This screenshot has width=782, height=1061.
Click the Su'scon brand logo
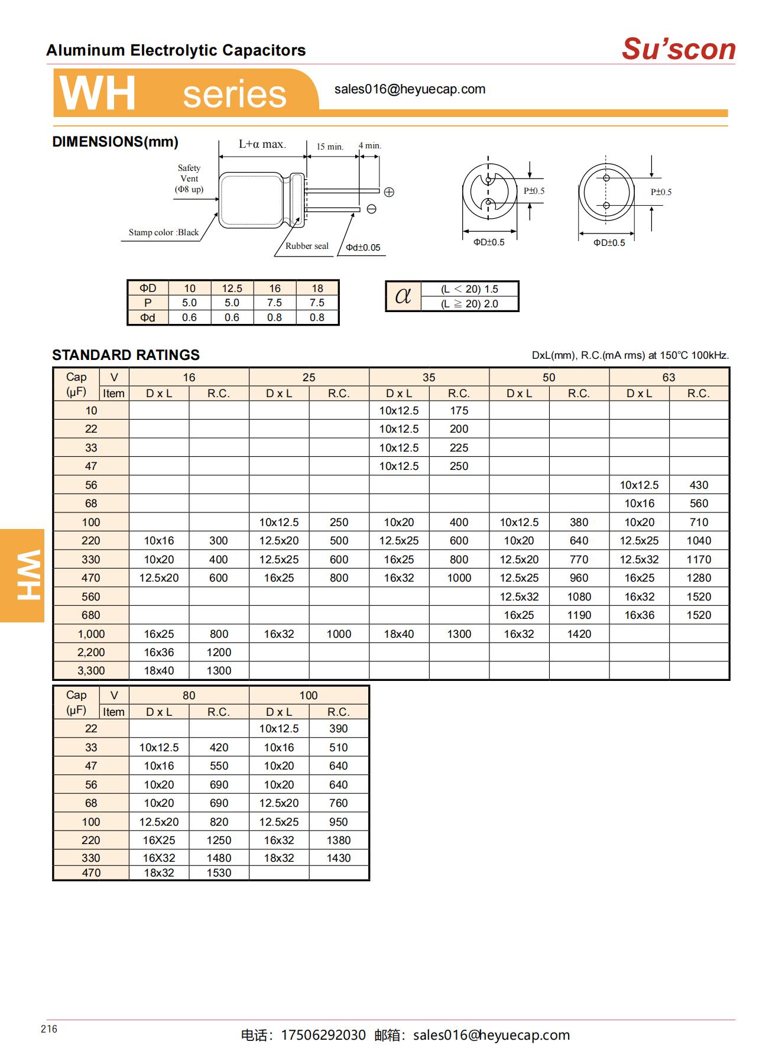678,49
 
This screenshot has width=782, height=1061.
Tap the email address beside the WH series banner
410,89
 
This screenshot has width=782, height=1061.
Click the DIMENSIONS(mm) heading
115,142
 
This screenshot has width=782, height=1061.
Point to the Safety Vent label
189,179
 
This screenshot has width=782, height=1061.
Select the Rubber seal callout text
307,246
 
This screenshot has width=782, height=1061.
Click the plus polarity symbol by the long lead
389,192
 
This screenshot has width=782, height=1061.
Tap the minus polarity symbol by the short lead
372,209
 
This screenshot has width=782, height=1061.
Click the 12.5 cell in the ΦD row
232,288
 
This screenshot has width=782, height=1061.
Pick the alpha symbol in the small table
403,296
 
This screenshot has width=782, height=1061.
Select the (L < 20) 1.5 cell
469,289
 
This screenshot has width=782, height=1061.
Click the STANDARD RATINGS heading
126,355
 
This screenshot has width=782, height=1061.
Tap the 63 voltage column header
669,377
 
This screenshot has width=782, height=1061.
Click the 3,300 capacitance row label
91,670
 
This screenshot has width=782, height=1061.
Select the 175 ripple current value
459,410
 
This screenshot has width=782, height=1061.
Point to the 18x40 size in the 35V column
399,634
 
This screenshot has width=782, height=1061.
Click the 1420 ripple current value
579,634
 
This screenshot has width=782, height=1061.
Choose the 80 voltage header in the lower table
189,695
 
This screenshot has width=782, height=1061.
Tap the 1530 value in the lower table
219,872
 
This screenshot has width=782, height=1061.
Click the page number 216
49,1029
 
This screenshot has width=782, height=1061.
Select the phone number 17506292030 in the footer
323,1035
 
